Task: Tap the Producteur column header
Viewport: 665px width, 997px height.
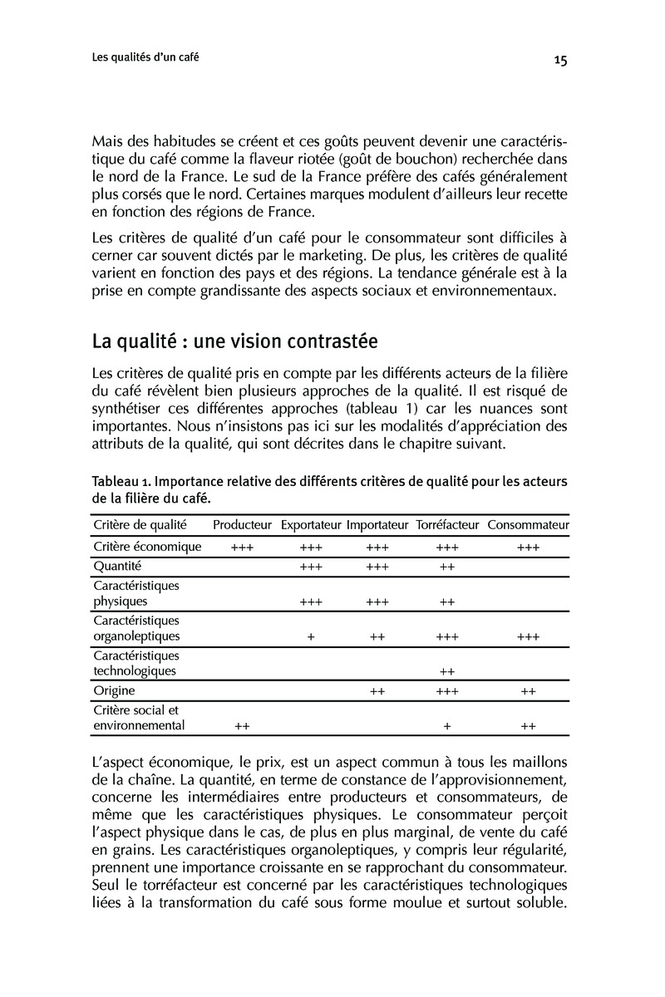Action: pyautogui.click(x=242, y=524)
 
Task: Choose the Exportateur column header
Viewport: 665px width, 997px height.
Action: pyautogui.click(x=311, y=524)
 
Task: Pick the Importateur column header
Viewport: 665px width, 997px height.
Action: pyautogui.click(x=377, y=524)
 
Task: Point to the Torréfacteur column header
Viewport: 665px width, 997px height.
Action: pyautogui.click(x=447, y=524)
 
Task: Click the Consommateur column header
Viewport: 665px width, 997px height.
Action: pyautogui.click(x=528, y=524)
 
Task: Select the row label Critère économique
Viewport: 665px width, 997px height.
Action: pyautogui.click(x=148, y=547)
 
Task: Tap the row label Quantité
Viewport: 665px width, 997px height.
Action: pyautogui.click(x=118, y=566)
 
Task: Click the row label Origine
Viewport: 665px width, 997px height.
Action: pyautogui.click(x=115, y=690)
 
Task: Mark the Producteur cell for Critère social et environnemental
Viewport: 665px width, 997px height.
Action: pyautogui.click(x=242, y=726)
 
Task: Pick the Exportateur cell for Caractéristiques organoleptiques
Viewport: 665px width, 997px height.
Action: pyautogui.click(x=310, y=637)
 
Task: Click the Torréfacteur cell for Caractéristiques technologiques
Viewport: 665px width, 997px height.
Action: pyautogui.click(x=447, y=671)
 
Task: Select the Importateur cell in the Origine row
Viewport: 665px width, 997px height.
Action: pyautogui.click(x=377, y=691)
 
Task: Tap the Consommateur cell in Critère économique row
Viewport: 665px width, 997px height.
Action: pyautogui.click(x=528, y=548)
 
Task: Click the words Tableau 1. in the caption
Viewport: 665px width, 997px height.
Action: pyautogui.click(x=121, y=482)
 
